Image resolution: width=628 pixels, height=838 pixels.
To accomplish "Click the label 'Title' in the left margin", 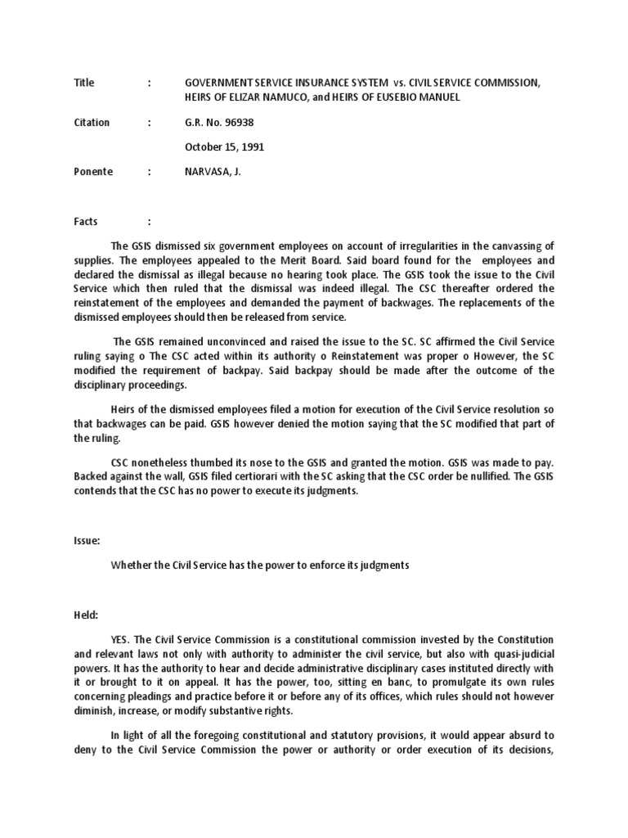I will click(84, 83).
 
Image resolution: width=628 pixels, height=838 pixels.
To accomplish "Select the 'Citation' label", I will click(91, 123).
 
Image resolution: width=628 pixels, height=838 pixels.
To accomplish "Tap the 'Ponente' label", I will click(93, 172).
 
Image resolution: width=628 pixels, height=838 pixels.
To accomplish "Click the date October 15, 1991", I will click(224, 147).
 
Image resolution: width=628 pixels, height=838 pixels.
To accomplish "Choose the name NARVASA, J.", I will click(215, 172).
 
